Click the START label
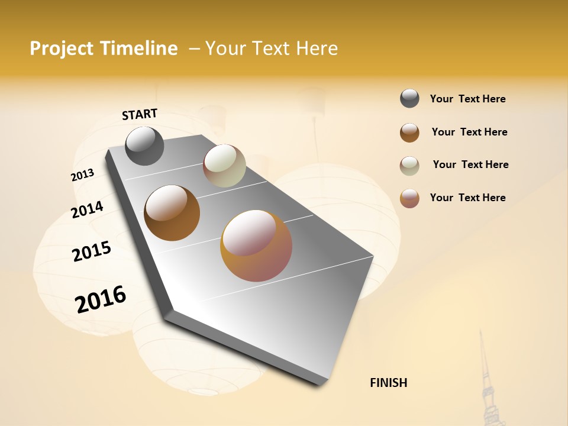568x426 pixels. (140, 114)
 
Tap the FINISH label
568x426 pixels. (389, 383)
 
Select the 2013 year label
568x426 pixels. (82, 175)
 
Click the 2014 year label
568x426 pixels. (87, 209)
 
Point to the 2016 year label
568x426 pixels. (101, 299)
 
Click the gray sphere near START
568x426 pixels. (144, 146)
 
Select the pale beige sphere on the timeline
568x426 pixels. (224, 166)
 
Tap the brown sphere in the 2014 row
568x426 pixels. (172, 213)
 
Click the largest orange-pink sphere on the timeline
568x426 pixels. (256, 246)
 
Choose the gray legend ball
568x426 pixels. (409, 98)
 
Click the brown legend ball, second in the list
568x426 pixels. (409, 133)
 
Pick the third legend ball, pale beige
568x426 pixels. (409, 166)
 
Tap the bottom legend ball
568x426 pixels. (409, 198)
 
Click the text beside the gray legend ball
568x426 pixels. (468, 99)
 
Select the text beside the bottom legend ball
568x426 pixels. (468, 198)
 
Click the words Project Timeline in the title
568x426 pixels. (104, 49)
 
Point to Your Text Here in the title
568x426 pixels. (272, 49)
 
